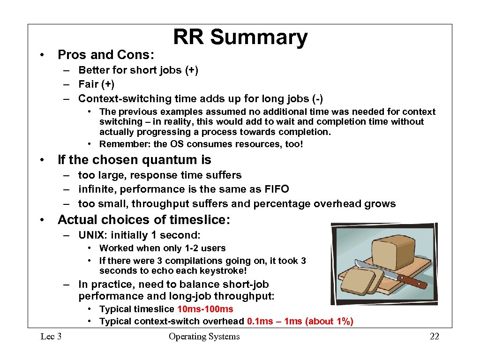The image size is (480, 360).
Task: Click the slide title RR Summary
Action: [x=240, y=37]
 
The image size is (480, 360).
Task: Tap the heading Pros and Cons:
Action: [x=105, y=55]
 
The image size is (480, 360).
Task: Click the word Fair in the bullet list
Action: [x=88, y=84]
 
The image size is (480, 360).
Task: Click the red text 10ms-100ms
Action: [x=205, y=309]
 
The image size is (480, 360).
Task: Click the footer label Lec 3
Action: [x=51, y=337]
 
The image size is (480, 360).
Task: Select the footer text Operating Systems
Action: [x=204, y=337]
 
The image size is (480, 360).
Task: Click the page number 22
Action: [x=434, y=337]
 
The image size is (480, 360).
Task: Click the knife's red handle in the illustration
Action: [x=412, y=281]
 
